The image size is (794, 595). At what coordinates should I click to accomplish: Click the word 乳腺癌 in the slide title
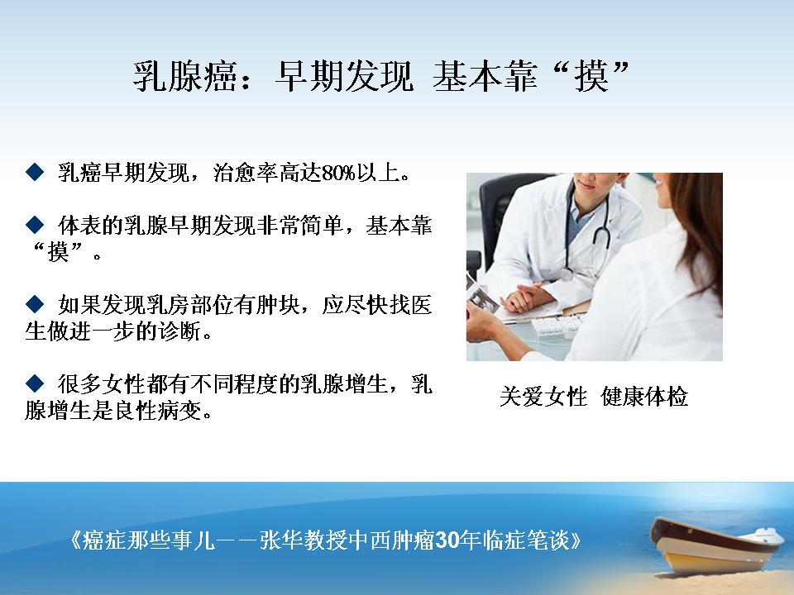point(184,77)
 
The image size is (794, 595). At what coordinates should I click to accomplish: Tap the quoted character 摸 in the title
point(591,77)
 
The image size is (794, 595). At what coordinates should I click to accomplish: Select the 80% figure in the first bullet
point(338,173)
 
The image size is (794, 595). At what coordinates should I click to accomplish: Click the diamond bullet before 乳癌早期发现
point(35,172)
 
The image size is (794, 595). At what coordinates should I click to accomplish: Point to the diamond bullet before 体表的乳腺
point(35,225)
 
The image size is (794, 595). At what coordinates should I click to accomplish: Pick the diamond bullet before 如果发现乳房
point(35,304)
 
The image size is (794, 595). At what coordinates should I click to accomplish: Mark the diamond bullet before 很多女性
point(35,383)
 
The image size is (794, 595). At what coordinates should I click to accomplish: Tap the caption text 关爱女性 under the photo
point(543,396)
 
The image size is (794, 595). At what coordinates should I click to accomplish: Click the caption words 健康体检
point(644,396)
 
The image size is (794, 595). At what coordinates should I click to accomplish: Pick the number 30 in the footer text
point(447,540)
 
